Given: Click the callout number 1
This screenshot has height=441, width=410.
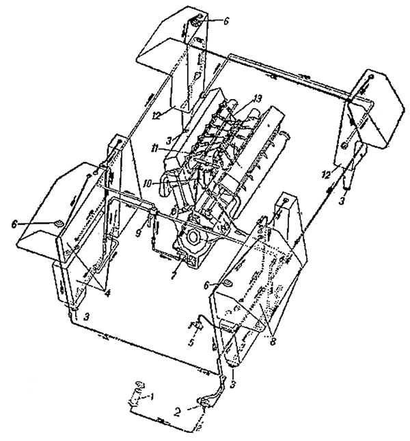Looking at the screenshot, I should tap(154, 396).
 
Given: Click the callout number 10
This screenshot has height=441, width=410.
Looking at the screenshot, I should tap(146, 183).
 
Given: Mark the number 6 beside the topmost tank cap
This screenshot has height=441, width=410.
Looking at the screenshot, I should tap(226, 21).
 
